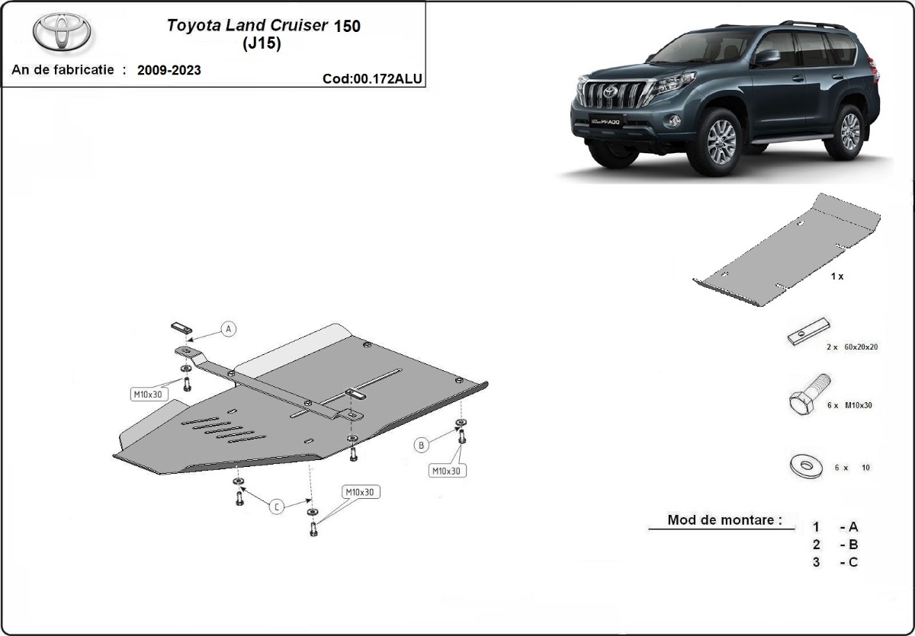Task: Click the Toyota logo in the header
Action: (x=62, y=33)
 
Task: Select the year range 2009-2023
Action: (x=169, y=70)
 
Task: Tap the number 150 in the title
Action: (x=347, y=25)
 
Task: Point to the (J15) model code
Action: (x=262, y=44)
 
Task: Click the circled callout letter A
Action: (x=229, y=329)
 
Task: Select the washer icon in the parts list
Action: (x=805, y=465)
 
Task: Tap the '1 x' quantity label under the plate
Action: (x=836, y=276)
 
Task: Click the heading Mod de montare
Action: (x=724, y=520)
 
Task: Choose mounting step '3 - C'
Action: (x=836, y=562)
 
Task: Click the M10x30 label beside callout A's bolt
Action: (x=146, y=394)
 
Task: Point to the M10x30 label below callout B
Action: (x=447, y=471)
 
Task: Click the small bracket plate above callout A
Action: (x=181, y=328)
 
